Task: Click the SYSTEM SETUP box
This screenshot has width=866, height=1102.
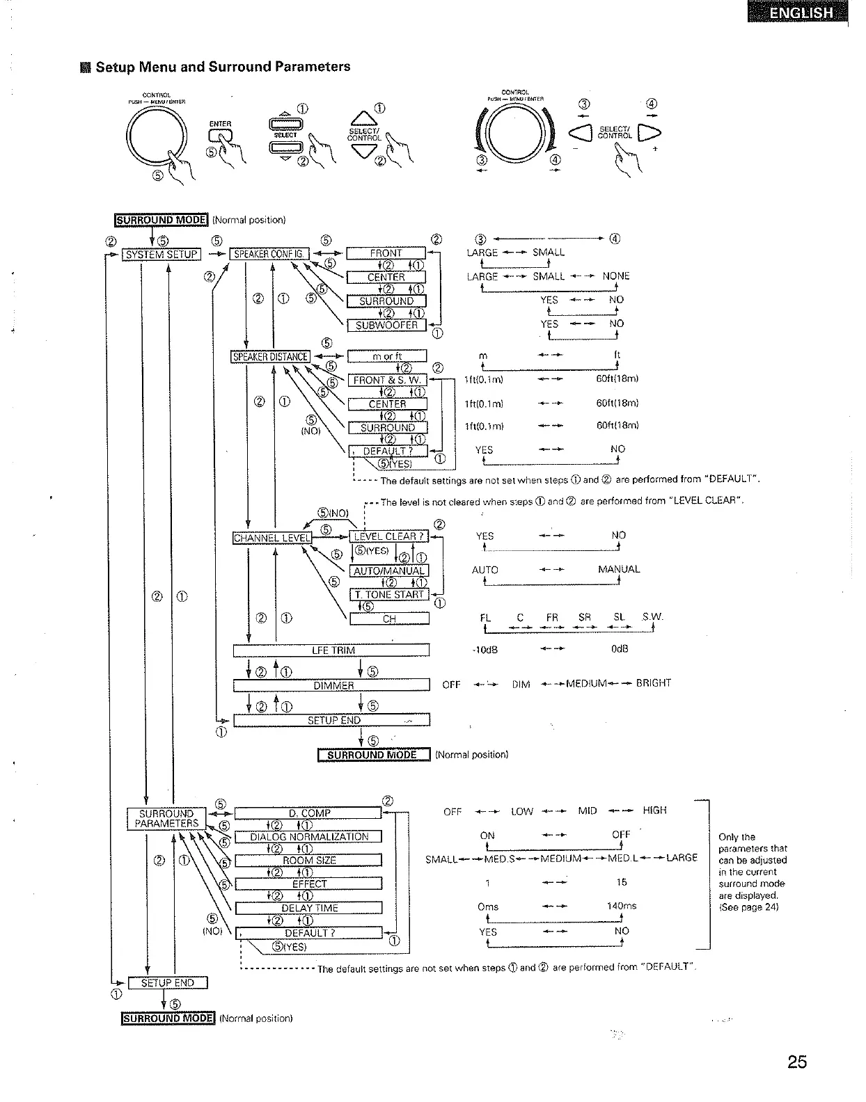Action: pyautogui.click(x=162, y=255)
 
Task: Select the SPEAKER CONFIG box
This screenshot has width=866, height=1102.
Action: pyautogui.click(x=269, y=254)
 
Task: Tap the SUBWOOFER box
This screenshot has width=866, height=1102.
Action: pyautogui.click(x=386, y=325)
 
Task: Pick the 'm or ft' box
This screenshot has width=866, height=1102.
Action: pyautogui.click(x=386, y=356)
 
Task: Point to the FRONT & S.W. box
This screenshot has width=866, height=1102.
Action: pyautogui.click(x=386, y=380)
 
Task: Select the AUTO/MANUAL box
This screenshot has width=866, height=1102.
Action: pyautogui.click(x=388, y=571)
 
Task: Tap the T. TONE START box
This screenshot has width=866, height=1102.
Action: pyautogui.click(x=388, y=595)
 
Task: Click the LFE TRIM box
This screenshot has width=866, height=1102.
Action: pyautogui.click(x=331, y=650)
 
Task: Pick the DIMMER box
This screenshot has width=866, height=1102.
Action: pyautogui.click(x=331, y=685)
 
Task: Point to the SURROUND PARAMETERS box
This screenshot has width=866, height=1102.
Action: pyautogui.click(x=166, y=819)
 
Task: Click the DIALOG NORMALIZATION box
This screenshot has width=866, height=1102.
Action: pyautogui.click(x=309, y=837)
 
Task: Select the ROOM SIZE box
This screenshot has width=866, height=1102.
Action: pyautogui.click(x=309, y=861)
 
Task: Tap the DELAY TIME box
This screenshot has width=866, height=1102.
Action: pyautogui.click(x=309, y=908)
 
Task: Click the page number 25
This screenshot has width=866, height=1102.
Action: pyautogui.click(x=798, y=1062)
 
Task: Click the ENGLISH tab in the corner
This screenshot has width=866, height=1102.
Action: pyautogui.click(x=798, y=13)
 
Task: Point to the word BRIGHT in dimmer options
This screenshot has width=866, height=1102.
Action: pyautogui.click(x=653, y=683)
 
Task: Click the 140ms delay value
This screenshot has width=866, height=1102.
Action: pyautogui.click(x=622, y=907)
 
